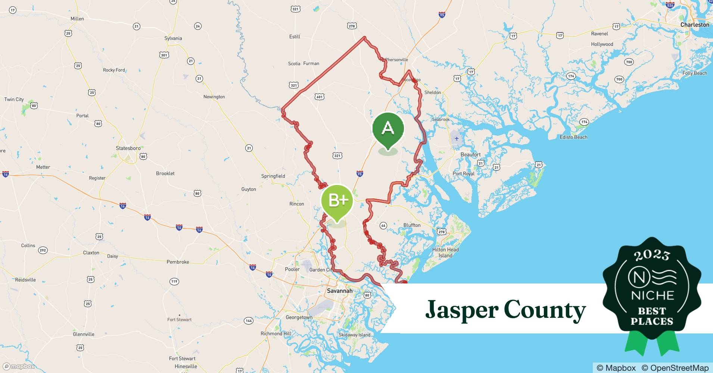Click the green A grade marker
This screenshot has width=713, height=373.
pyautogui.click(x=388, y=129)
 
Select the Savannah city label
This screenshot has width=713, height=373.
pyautogui.click(x=339, y=291)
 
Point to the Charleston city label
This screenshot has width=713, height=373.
pyautogui.click(x=694, y=25)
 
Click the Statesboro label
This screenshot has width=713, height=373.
pyautogui.click(x=128, y=148)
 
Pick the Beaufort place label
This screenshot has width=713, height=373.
pyautogui.click(x=470, y=154)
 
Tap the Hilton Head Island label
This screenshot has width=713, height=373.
pyautogui.click(x=445, y=253)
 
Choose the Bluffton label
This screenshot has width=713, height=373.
pyautogui.click(x=412, y=225)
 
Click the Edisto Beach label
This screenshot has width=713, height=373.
pyautogui.click(x=573, y=137)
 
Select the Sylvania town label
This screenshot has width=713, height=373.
pyautogui.click(x=173, y=38)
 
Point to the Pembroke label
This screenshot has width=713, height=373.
pyautogui.click(x=178, y=262)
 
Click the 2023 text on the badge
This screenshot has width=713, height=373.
pyautogui.click(x=652, y=255)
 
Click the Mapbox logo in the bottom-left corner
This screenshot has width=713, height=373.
pyautogui.click(x=19, y=366)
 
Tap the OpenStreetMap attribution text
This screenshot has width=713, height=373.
pyautogui.click(x=675, y=368)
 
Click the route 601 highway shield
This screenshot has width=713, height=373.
pyautogui.click(x=319, y=97)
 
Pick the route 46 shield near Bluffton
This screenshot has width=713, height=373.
pyautogui.click(x=383, y=225)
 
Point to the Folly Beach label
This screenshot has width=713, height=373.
pyautogui.click(x=694, y=73)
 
